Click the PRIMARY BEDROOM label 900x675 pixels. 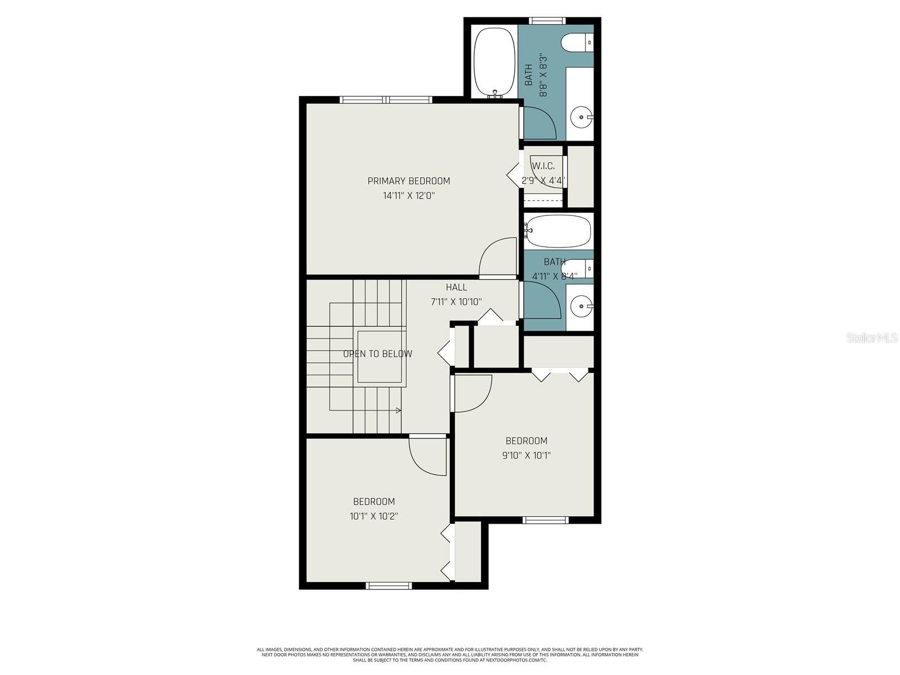click(408, 181)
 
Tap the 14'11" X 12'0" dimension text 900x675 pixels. click(408, 196)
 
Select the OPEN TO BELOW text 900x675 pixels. click(377, 354)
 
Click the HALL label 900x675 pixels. click(456, 287)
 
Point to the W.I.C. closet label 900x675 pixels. click(543, 166)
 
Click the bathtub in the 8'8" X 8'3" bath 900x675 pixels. click(494, 62)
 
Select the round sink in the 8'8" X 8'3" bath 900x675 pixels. click(579, 118)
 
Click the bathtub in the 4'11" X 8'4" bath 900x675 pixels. click(559, 231)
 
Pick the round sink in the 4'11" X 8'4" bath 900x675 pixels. click(579, 307)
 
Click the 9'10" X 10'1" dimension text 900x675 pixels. click(526, 456)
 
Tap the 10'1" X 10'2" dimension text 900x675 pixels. click(373, 516)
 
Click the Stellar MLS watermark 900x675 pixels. click(871, 338)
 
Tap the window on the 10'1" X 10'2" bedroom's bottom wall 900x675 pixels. click(389, 586)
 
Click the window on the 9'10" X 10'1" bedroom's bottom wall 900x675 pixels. click(546, 520)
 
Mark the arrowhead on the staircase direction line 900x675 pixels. click(399, 410)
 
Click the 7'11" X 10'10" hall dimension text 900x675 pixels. click(456, 302)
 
